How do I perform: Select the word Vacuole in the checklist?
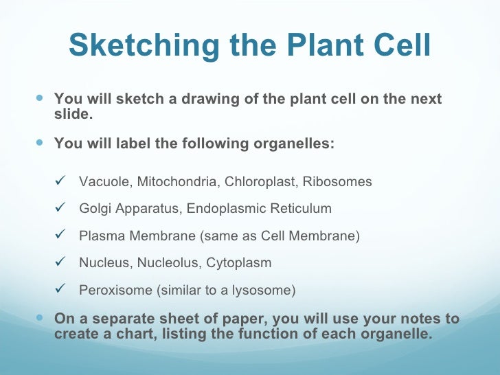(106, 182)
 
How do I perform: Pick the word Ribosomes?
(337, 182)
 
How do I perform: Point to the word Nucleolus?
(169, 263)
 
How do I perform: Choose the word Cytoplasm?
(239, 263)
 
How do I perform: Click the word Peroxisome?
(116, 290)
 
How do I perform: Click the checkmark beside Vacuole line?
(60, 181)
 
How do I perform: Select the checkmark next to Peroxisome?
(60, 288)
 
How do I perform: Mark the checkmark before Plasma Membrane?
(60, 234)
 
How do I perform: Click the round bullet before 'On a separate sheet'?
(40, 317)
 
